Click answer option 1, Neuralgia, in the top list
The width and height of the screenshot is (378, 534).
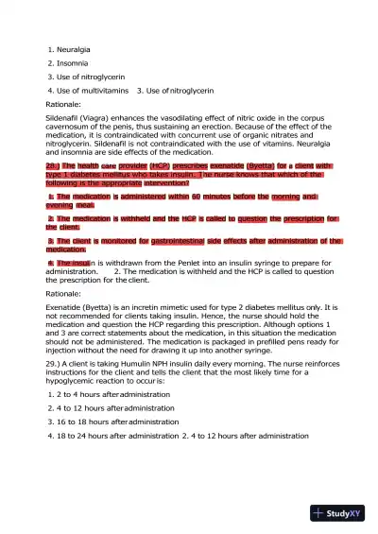75,46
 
